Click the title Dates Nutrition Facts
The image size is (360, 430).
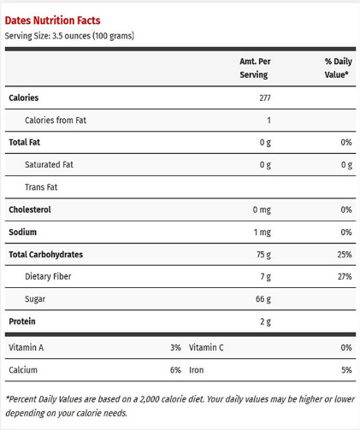pyautogui.click(x=53, y=21)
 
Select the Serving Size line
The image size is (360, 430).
pyautogui.click(x=69, y=36)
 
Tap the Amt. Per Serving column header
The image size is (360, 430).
pyautogui.click(x=255, y=68)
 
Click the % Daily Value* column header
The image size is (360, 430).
pyautogui.click(x=338, y=68)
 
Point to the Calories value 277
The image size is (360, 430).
pyautogui.click(x=265, y=98)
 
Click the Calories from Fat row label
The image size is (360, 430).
pyautogui.click(x=56, y=121)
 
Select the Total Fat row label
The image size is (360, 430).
pyautogui.click(x=25, y=142)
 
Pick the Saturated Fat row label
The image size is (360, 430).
pyautogui.click(x=49, y=164)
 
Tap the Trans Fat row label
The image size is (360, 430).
pyautogui.click(x=41, y=187)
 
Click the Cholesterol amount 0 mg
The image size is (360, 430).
pyautogui.click(x=262, y=210)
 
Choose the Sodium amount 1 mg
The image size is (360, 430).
pyautogui.click(x=263, y=233)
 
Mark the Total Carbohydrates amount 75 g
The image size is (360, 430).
pyautogui.click(x=263, y=255)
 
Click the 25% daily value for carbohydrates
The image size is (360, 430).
pyautogui.click(x=345, y=255)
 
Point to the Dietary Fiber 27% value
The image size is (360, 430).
pyautogui.click(x=345, y=276)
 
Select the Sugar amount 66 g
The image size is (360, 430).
pyautogui.click(x=263, y=299)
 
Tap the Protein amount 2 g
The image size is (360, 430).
pyautogui.click(x=265, y=321)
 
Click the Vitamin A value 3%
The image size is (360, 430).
pyautogui.click(x=175, y=348)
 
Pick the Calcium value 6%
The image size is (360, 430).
pyautogui.click(x=175, y=370)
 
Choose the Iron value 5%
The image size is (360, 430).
pyautogui.click(x=346, y=370)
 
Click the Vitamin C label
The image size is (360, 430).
pyautogui.click(x=206, y=348)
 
